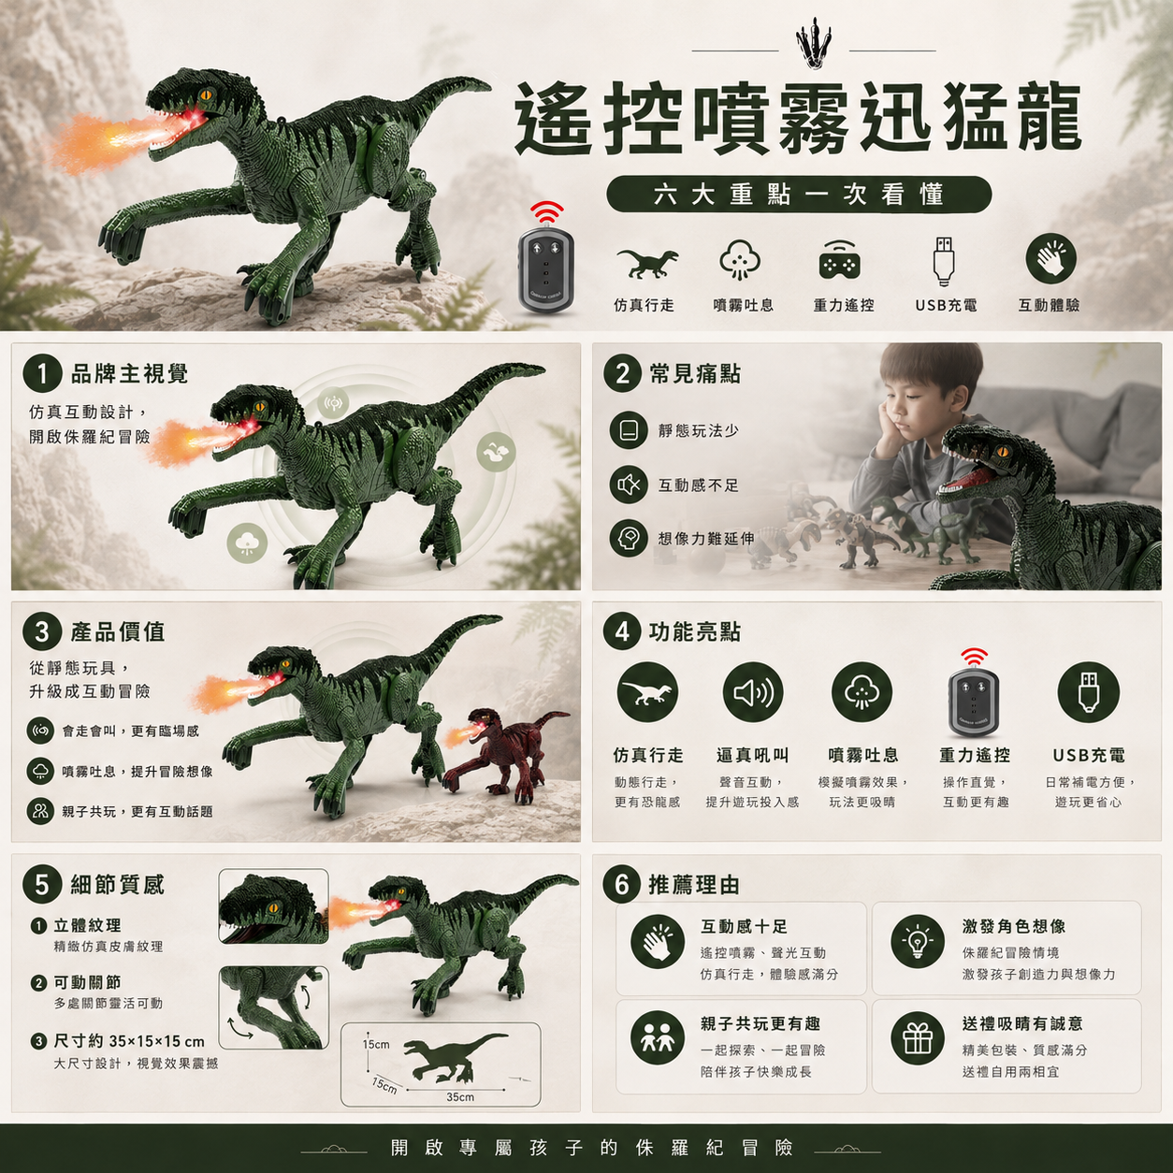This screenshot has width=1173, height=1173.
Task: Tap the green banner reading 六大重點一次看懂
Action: click(799, 195)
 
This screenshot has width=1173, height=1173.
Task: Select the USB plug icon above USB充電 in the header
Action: click(944, 261)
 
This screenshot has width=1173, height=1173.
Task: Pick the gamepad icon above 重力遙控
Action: click(839, 261)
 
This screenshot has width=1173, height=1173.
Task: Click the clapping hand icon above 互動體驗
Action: click(1050, 259)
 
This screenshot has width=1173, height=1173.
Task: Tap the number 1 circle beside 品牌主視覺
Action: click(42, 373)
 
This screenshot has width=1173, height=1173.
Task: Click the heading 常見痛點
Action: click(695, 374)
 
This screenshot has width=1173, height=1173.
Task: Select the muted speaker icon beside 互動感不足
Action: click(629, 485)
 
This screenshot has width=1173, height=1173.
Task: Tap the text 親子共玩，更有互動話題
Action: click(138, 811)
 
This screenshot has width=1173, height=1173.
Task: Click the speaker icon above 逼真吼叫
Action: click(753, 693)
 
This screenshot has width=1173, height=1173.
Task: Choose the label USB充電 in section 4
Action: click(1089, 756)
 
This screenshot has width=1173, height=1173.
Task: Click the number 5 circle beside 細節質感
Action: click(42, 885)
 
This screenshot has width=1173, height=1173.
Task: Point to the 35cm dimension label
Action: click(459, 1097)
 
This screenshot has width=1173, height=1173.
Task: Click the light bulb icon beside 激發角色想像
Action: click(918, 941)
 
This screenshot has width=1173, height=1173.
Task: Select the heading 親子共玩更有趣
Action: click(760, 1023)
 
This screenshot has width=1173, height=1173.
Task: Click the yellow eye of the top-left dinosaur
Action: click(208, 95)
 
